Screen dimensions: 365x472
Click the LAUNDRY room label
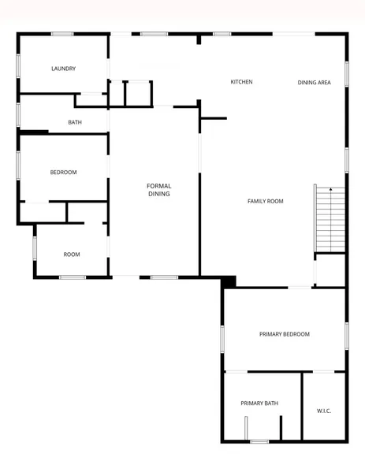[x=63, y=69]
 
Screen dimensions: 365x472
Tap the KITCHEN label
[x=241, y=82]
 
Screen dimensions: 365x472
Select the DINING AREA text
[x=314, y=83]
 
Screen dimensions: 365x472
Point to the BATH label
[x=75, y=122]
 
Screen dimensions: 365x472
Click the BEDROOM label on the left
[x=63, y=173]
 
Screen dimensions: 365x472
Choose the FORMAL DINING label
[x=159, y=190]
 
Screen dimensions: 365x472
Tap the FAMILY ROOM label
[x=266, y=201]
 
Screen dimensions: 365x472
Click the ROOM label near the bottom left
[x=72, y=255]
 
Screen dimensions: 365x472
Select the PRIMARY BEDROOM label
[x=285, y=334]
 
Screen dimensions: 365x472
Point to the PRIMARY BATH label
[x=259, y=403]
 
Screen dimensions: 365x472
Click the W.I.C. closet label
[x=324, y=411]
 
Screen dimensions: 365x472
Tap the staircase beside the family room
[x=330, y=219]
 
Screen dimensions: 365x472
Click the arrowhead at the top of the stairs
[x=330, y=189]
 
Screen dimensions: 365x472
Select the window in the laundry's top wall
[x=62, y=34]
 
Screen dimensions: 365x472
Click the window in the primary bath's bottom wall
[x=259, y=441]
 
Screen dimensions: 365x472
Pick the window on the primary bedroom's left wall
[x=222, y=339]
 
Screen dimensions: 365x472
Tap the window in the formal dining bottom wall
[x=164, y=277]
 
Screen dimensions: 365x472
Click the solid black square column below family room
[x=229, y=282]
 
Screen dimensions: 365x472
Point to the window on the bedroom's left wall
[x=18, y=165]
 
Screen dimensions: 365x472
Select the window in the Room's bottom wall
[x=73, y=277]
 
